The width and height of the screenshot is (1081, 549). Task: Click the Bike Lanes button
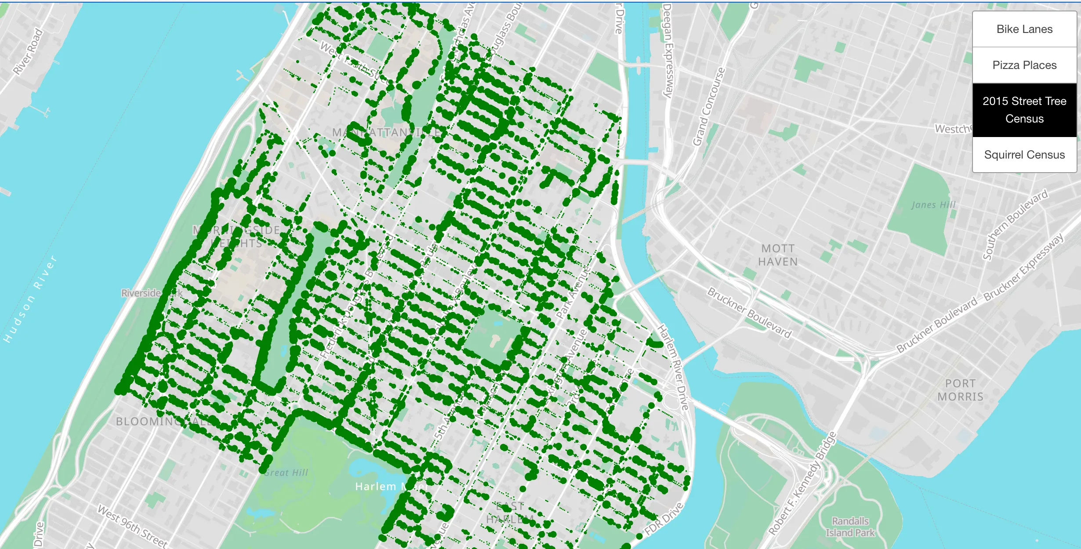(1024, 29)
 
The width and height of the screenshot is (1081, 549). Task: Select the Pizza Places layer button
(1024, 65)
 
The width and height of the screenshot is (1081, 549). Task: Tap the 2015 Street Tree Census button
(1024, 110)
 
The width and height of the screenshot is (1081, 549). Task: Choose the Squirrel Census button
(1024, 155)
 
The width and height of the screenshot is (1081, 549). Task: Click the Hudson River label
(30, 299)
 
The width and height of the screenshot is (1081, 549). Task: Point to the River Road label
(28, 51)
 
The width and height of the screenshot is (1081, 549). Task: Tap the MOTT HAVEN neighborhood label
(777, 255)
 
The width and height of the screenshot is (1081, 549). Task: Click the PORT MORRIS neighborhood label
(960, 390)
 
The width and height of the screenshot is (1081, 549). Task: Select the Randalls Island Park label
(850, 527)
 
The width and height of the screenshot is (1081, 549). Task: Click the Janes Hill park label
(933, 205)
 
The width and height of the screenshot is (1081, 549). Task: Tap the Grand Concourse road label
(708, 107)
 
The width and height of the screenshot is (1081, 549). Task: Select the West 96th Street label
(132, 526)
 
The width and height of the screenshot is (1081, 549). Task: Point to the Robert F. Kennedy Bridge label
(802, 483)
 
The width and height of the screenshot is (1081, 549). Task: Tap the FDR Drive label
(664, 519)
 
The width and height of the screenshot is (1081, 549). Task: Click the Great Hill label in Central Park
(287, 473)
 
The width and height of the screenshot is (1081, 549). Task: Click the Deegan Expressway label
(668, 51)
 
